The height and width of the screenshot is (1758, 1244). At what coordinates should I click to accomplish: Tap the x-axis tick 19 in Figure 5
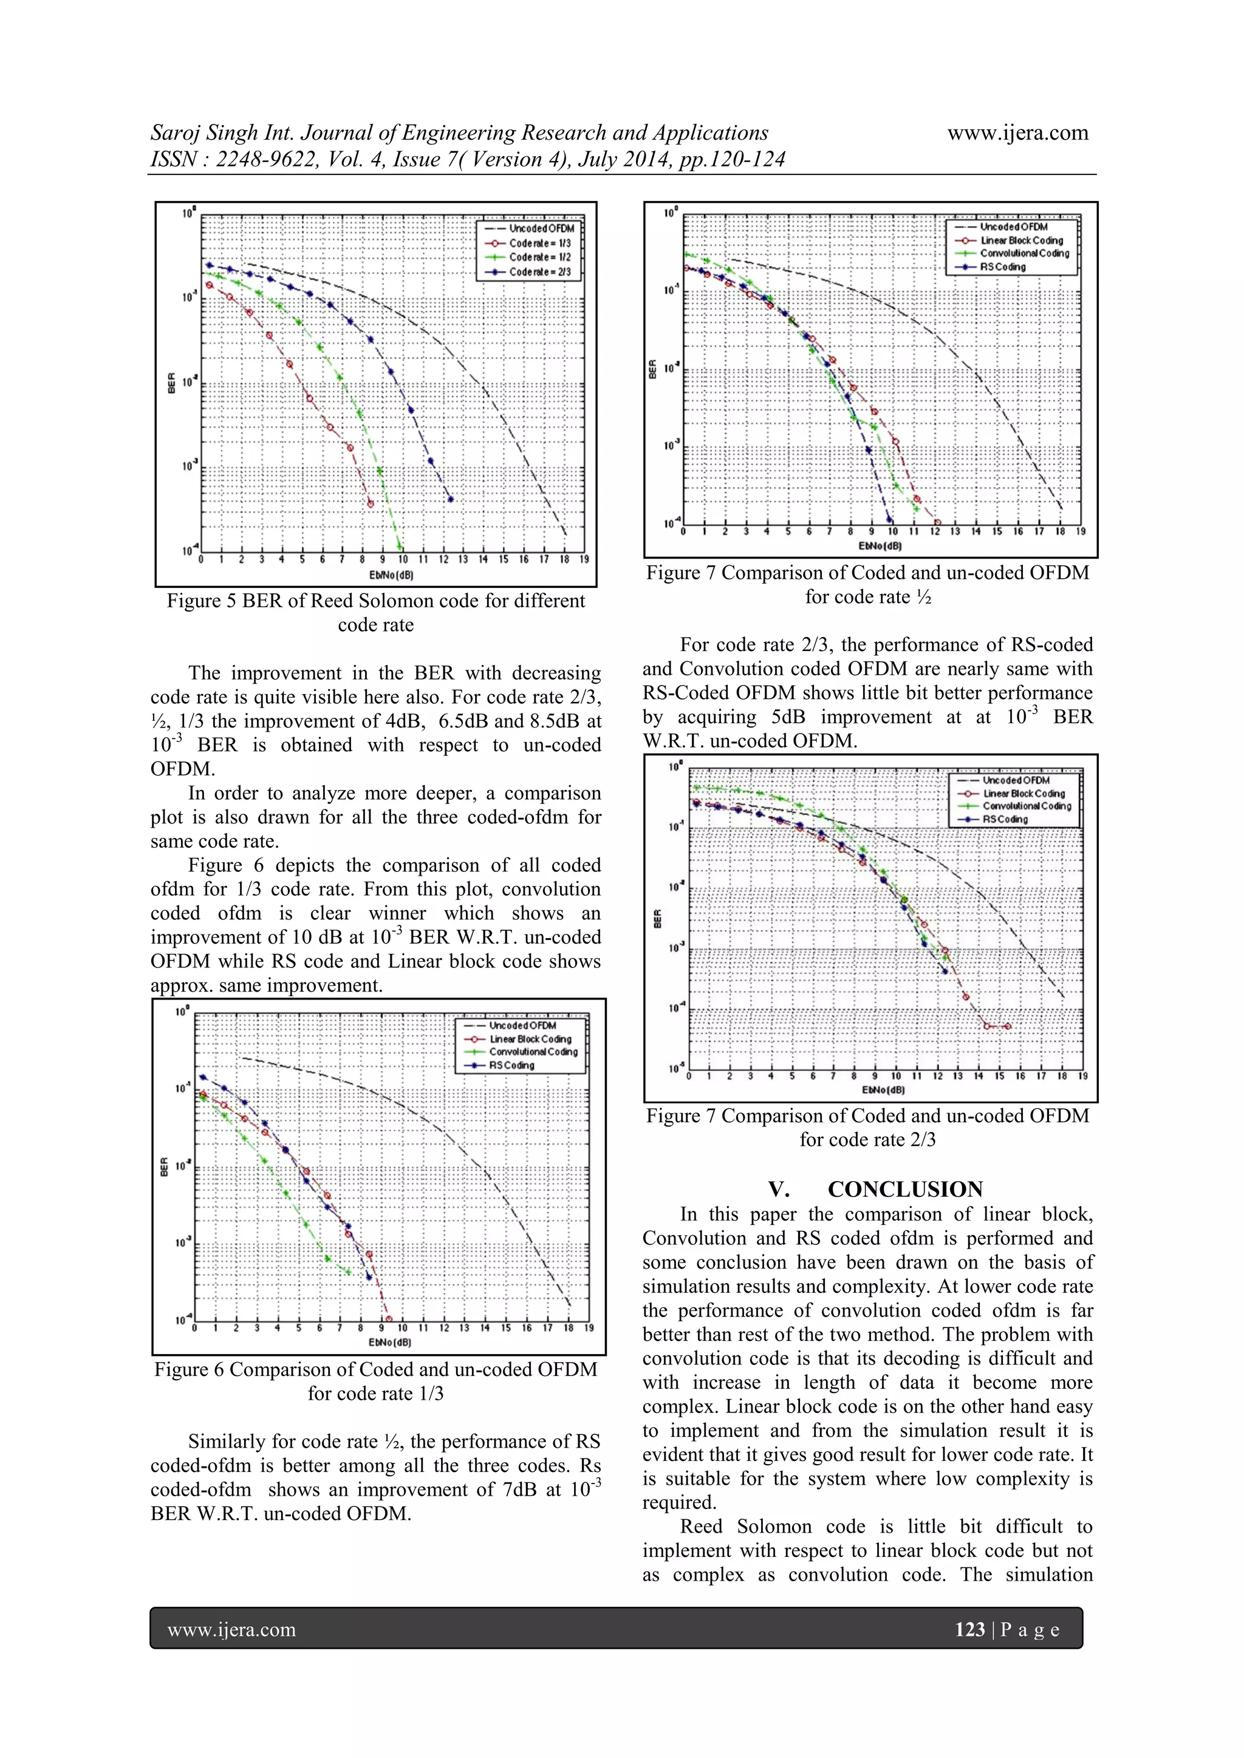click(584, 560)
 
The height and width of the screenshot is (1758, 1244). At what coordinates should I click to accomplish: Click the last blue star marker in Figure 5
click(451, 499)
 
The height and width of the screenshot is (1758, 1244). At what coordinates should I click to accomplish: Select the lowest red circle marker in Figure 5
click(371, 504)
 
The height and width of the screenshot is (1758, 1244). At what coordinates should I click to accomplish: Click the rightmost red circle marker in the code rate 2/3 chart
click(1007, 1026)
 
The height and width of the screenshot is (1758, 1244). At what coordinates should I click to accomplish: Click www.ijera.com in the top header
click(1017, 132)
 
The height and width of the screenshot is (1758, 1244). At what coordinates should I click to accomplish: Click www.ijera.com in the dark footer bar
click(231, 1629)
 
